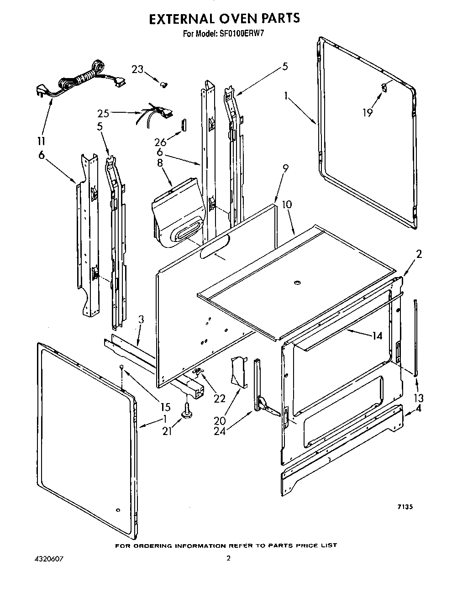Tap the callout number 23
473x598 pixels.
(x=137, y=69)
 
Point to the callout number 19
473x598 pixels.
(x=368, y=112)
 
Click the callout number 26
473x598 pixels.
(x=160, y=142)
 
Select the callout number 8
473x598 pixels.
(x=160, y=163)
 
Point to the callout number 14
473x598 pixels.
(x=377, y=336)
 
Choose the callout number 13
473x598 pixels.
(x=418, y=397)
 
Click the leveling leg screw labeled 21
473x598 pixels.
(x=187, y=412)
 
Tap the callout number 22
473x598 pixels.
(x=220, y=398)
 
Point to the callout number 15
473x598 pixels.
(x=164, y=406)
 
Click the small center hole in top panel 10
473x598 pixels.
(x=297, y=283)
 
